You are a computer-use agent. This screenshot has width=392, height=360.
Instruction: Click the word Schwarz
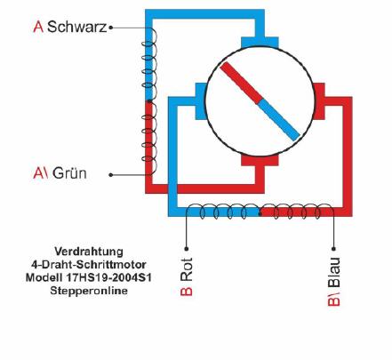point(76,27)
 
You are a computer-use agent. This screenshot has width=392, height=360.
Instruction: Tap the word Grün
point(69,173)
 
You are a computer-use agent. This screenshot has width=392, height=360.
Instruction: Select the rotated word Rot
point(187,269)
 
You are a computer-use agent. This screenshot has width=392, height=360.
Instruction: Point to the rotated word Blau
point(334,272)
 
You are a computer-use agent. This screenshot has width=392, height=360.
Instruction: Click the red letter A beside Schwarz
point(38,27)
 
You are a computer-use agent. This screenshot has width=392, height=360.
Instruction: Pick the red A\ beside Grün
point(41,173)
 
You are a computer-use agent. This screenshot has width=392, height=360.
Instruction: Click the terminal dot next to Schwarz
point(111,28)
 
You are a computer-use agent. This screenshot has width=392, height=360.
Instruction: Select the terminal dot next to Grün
point(111,175)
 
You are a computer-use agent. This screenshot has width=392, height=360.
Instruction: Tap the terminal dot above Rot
point(187,248)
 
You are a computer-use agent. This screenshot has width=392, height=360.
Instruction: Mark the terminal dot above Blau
point(333,248)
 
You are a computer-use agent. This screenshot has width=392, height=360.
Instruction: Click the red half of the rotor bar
point(241,83)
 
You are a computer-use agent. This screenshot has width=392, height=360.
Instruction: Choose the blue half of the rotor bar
point(279,120)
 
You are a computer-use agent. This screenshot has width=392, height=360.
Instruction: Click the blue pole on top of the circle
point(260,43)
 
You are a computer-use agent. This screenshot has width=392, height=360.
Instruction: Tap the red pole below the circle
point(260,160)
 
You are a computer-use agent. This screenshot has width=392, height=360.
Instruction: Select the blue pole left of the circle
point(201,101)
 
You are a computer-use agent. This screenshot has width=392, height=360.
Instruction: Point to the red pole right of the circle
point(319,101)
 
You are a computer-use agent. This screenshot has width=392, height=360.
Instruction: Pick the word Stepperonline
point(89,291)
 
